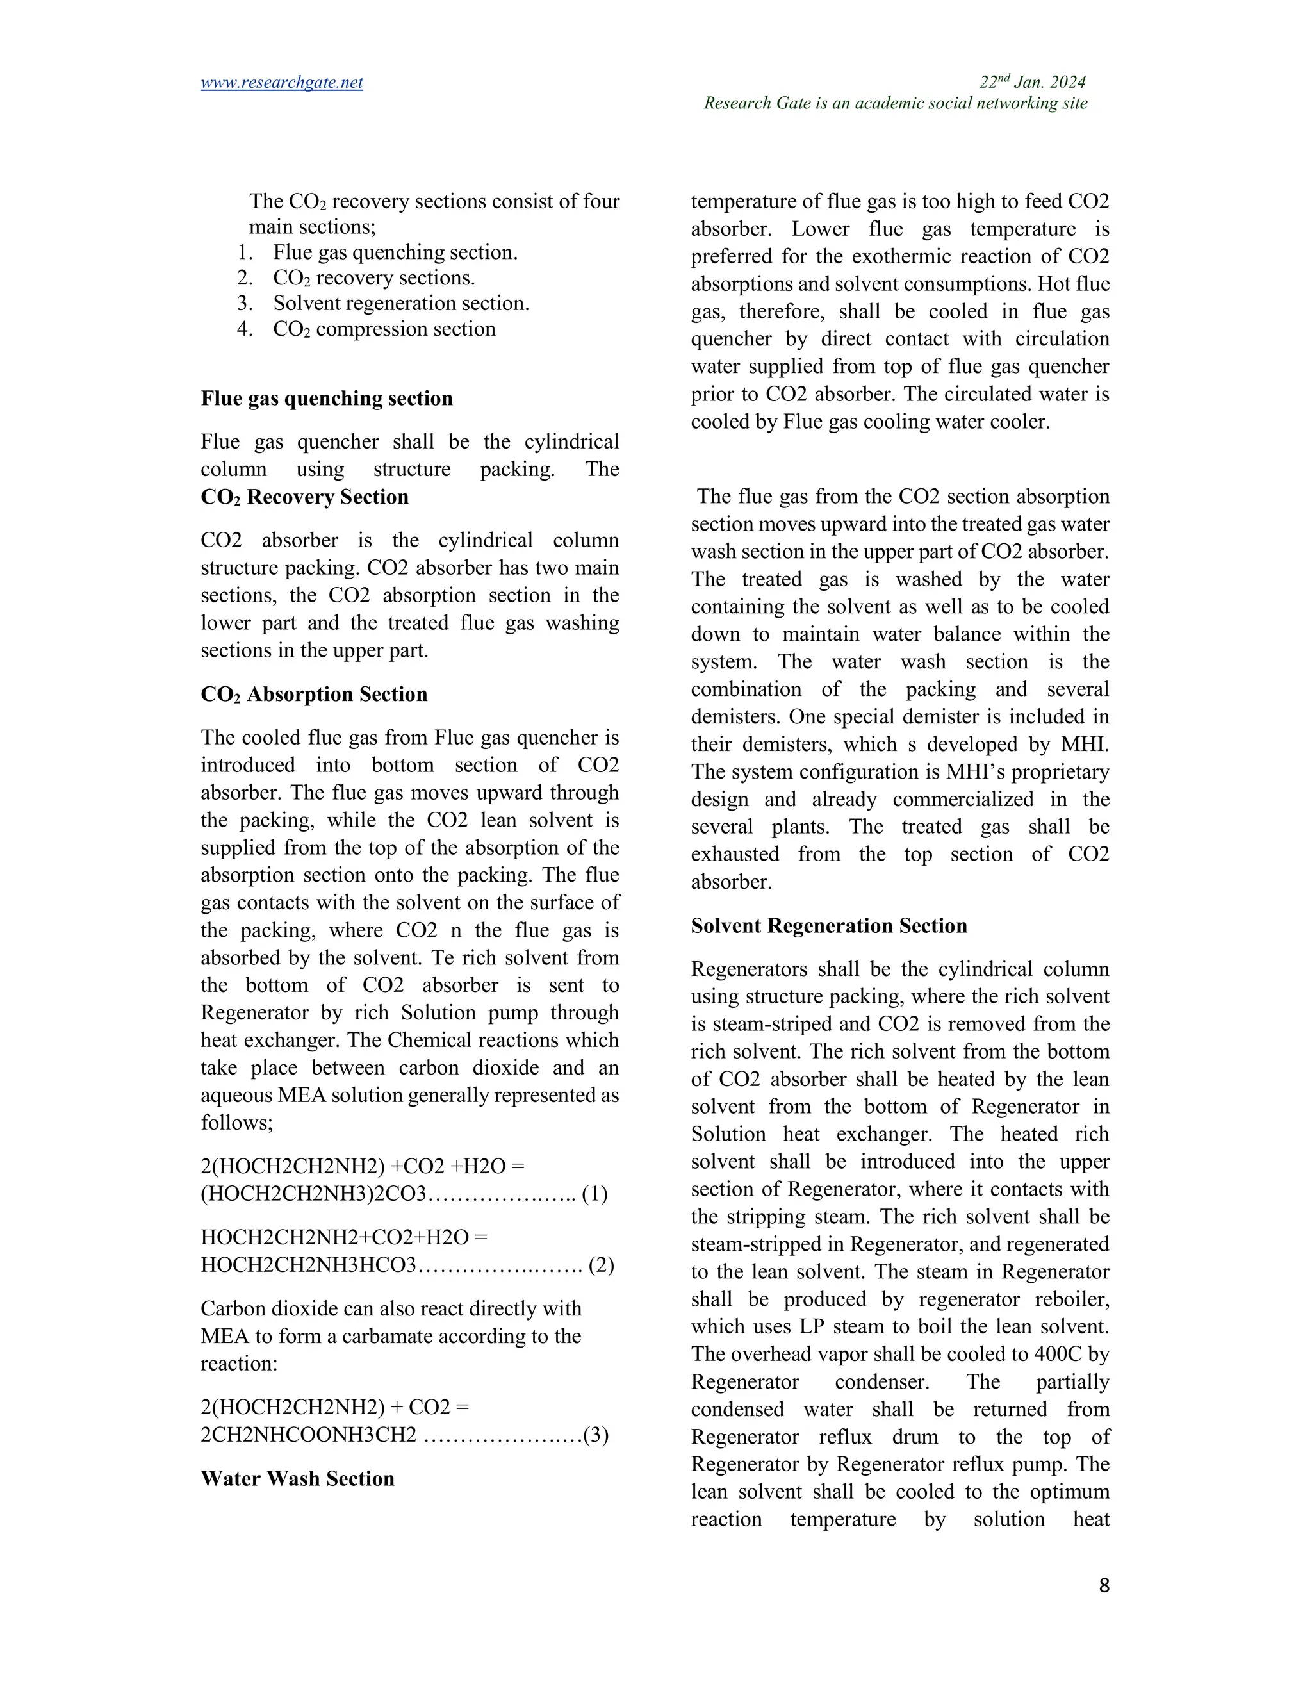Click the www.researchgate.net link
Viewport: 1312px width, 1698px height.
281,83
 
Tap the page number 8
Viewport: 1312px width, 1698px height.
1104,1586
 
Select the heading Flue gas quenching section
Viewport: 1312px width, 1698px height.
327,399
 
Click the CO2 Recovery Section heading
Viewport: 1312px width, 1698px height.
305,498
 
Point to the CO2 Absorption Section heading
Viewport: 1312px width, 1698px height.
314,695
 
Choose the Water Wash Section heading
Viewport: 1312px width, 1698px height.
298,1479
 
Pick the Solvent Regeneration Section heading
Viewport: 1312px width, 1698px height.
828,926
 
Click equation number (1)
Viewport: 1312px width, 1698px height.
594,1194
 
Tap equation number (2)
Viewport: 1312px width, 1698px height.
602,1265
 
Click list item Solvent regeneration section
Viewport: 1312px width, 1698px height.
400,303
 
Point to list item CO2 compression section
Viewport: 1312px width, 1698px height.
384,329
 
